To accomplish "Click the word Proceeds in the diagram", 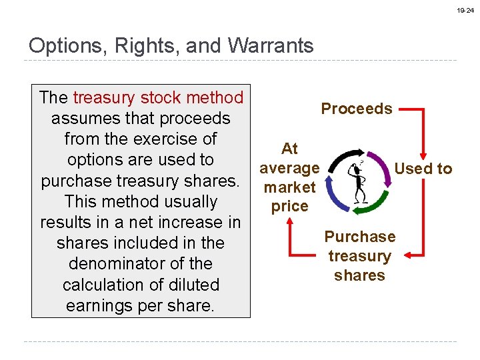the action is click(357, 109).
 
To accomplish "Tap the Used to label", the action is click(423, 169).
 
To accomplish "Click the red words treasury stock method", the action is click(158, 97).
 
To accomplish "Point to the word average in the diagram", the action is click(289, 169).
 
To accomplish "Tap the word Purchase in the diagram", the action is click(359, 237).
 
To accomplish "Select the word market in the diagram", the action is click(289, 187).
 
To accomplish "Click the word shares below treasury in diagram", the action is click(359, 275).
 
